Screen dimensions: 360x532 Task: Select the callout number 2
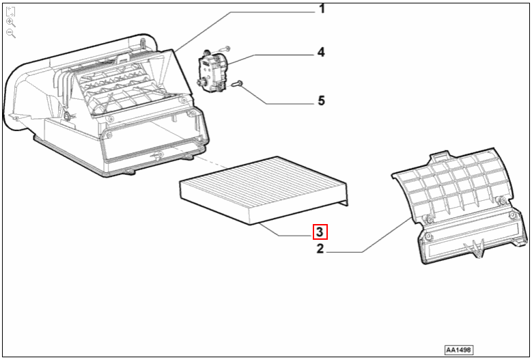(320, 249)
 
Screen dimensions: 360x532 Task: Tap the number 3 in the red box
(320, 232)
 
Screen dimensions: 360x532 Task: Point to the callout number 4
(320, 52)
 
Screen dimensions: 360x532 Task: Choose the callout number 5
(320, 101)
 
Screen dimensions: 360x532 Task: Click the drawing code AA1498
(459, 349)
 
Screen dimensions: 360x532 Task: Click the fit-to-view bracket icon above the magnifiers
(11, 10)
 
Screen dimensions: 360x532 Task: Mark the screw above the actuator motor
(226, 48)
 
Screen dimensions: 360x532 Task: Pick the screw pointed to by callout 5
(237, 84)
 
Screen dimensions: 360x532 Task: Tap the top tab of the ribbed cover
(439, 157)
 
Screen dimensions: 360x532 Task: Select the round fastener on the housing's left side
(67, 115)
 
